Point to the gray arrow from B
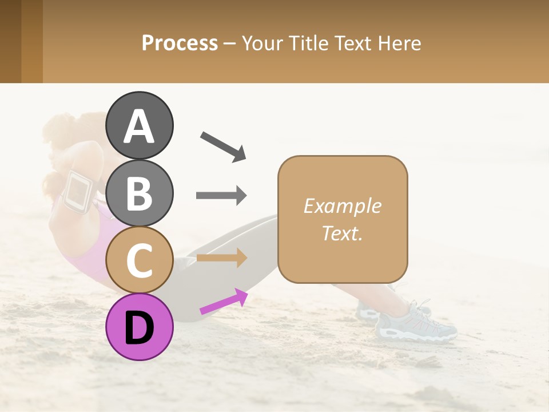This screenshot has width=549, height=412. click(x=221, y=196)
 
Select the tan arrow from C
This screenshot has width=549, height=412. click(x=221, y=257)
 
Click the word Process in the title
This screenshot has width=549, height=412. click(x=180, y=43)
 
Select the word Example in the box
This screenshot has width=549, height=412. click(x=343, y=206)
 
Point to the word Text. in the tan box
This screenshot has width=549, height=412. click(x=343, y=233)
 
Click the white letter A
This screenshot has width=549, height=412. click(x=140, y=126)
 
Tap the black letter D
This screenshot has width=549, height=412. click(x=140, y=328)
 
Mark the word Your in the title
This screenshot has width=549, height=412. click(x=262, y=43)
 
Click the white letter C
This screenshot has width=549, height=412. click(x=140, y=260)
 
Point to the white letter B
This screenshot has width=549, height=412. click(x=140, y=193)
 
